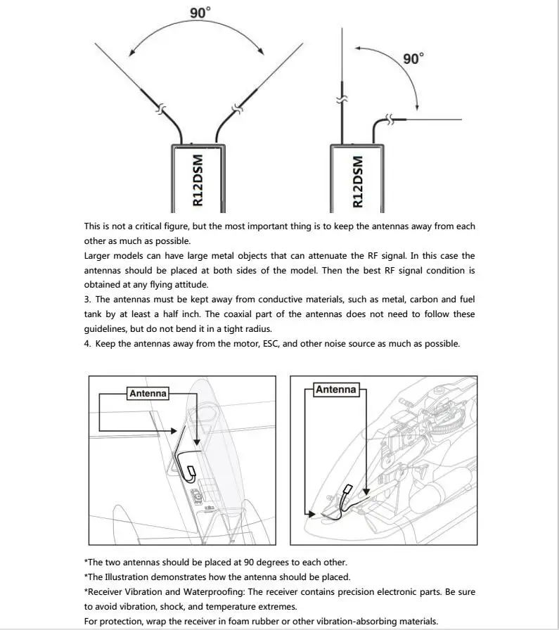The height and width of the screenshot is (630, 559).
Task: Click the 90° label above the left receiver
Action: [x=200, y=12]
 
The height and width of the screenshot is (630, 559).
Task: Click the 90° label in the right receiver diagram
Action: [x=413, y=59]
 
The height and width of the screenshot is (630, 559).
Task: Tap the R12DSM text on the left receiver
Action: [x=198, y=180]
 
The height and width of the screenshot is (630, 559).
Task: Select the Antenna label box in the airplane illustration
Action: [x=148, y=393]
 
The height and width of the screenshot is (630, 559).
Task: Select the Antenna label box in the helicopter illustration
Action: [x=336, y=389]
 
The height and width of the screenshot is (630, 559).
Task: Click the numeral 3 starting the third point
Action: [x=86, y=300]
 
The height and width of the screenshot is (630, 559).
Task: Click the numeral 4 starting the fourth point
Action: [x=86, y=344]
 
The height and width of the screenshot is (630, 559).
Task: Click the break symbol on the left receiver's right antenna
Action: [x=237, y=109]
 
